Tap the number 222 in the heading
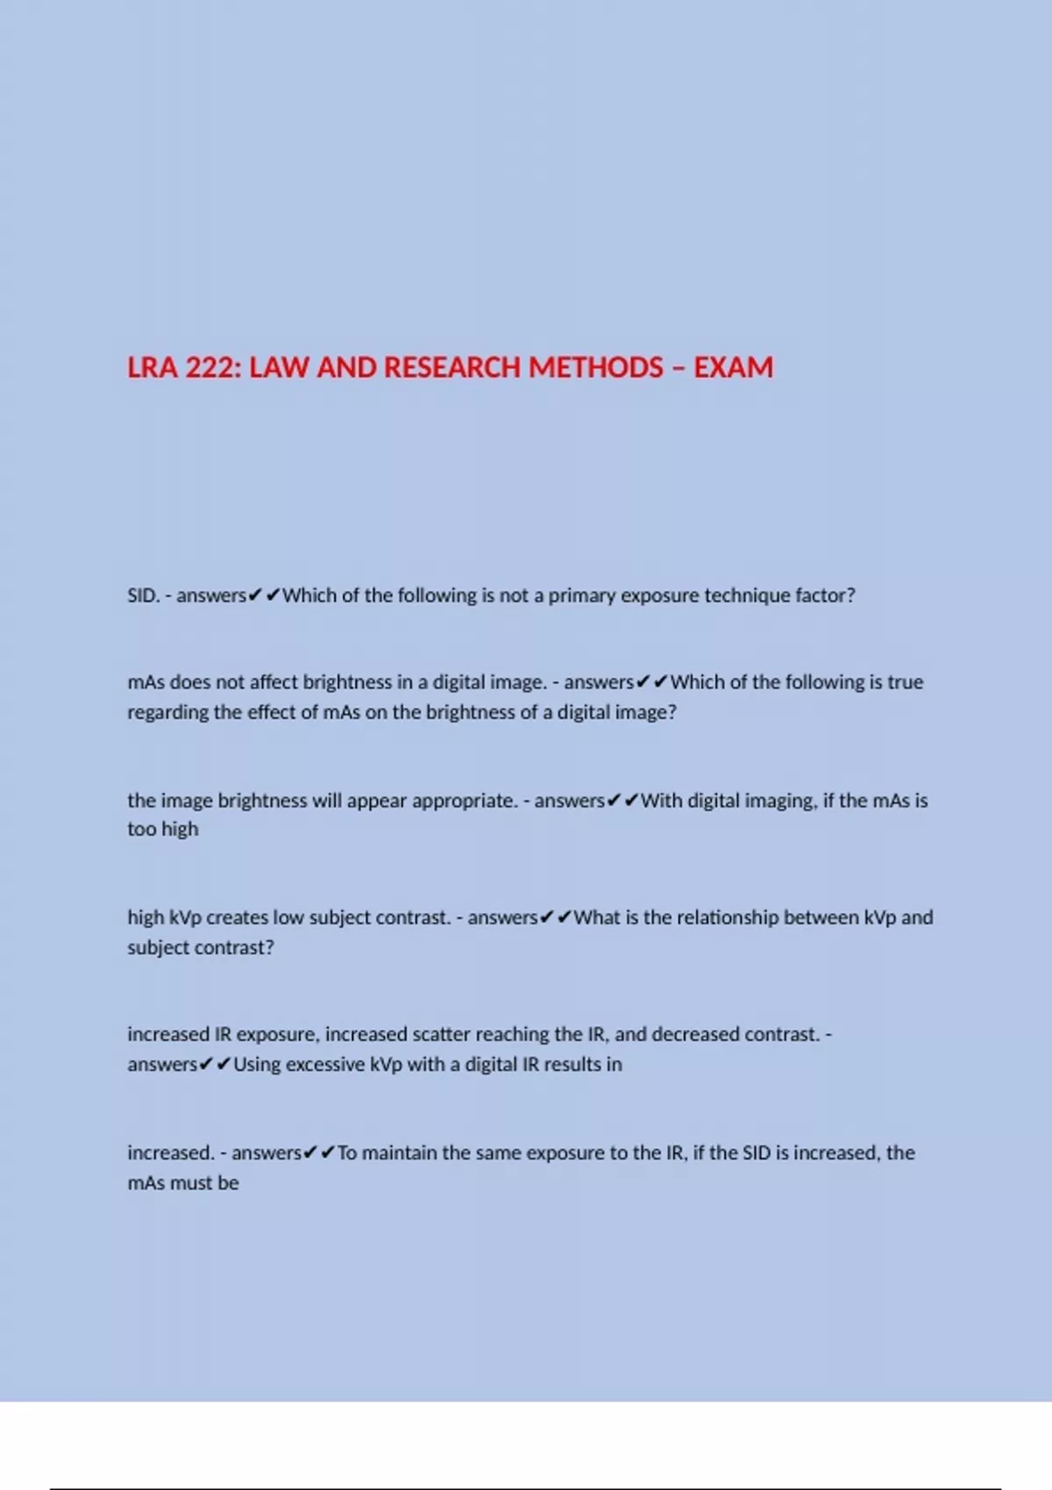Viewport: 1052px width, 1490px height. pos(210,367)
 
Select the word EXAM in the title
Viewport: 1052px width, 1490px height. pos(734,367)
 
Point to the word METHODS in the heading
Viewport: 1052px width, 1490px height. pos(595,367)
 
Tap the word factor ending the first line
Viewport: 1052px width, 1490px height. pos(825,596)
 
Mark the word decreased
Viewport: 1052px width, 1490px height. pos(695,1034)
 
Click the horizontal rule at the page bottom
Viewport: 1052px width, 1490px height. pos(526,1487)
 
